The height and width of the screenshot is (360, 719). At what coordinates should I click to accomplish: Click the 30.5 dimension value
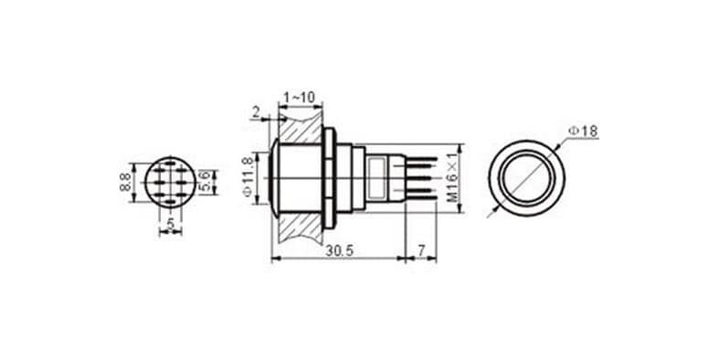[339, 251]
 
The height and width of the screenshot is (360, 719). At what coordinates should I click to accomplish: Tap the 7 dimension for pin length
[421, 250]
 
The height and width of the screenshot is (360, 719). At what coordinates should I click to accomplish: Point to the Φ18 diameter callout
[583, 132]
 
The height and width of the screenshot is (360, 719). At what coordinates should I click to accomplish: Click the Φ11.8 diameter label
[248, 177]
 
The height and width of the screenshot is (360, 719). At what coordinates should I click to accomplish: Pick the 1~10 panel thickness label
[300, 98]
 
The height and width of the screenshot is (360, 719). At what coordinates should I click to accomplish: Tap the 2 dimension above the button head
[256, 111]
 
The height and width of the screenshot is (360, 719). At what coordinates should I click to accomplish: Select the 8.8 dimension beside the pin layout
[125, 182]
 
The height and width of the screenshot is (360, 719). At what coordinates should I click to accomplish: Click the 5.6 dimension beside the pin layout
[206, 181]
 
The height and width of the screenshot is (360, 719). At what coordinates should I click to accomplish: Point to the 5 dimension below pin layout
[171, 224]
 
